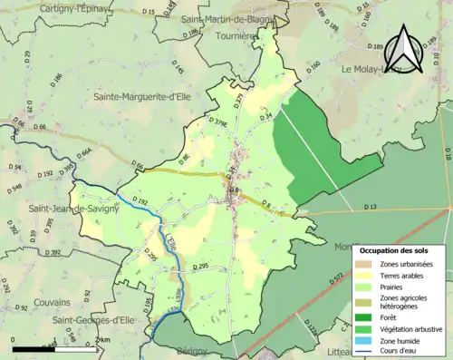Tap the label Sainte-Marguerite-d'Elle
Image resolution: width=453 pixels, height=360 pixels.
[x=147, y=94]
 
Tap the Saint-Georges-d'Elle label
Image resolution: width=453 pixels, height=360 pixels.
[x=95, y=320]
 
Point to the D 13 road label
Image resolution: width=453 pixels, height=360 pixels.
[x=371, y=208]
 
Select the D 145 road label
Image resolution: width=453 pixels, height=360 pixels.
[x=178, y=68]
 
